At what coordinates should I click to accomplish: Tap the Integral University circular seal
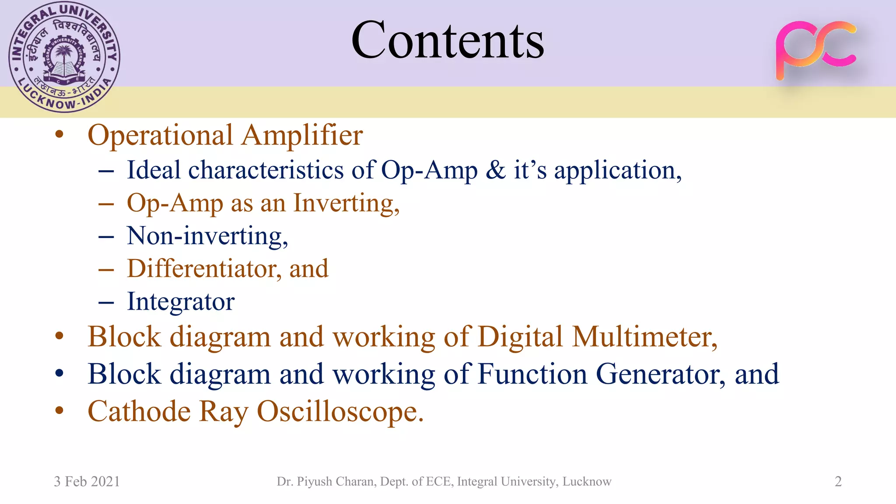pyautogui.click(x=64, y=57)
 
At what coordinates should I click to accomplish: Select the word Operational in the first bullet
pyautogui.click(x=160, y=135)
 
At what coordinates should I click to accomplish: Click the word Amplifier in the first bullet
pyautogui.click(x=302, y=135)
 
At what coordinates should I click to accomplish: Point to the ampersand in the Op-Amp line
pyautogui.click(x=496, y=170)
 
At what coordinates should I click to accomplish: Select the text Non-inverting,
pyautogui.click(x=207, y=236)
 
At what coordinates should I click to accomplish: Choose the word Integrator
pyautogui.click(x=181, y=302)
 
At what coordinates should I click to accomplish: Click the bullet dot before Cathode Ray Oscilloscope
pyautogui.click(x=59, y=411)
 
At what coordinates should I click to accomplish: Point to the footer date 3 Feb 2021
pyautogui.click(x=87, y=482)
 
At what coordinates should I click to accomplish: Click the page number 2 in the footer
pyautogui.click(x=838, y=482)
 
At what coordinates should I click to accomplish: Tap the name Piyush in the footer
pyautogui.click(x=314, y=482)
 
